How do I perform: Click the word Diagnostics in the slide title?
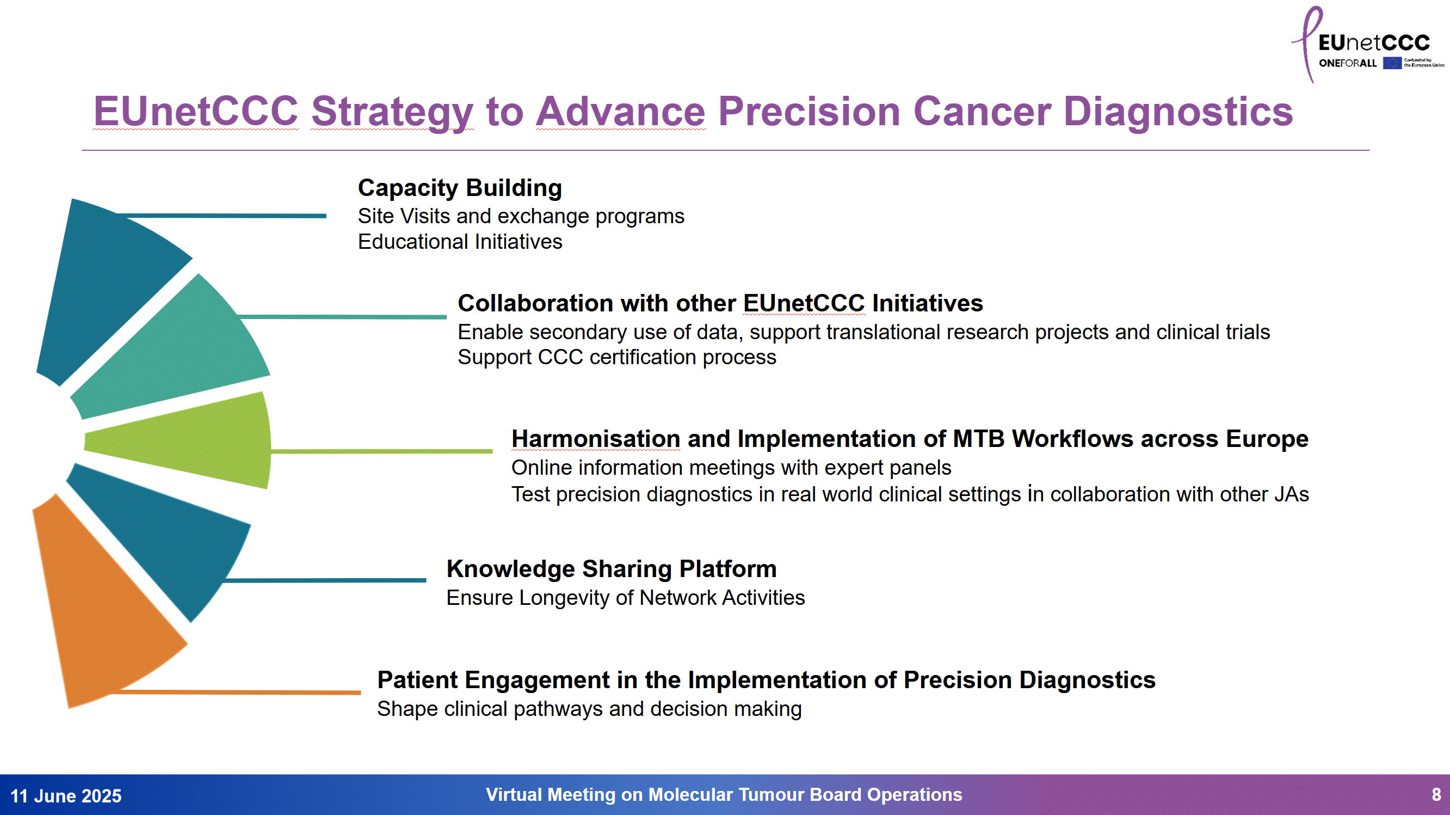[x=1178, y=112]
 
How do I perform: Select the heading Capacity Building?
[x=460, y=188]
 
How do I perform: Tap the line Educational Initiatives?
[x=460, y=242]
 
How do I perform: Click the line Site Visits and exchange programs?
[x=521, y=216]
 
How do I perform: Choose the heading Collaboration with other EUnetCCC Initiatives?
[x=720, y=304]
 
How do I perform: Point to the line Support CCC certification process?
[x=616, y=358]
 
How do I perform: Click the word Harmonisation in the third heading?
[x=596, y=439]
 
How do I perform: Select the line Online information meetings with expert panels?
[x=731, y=468]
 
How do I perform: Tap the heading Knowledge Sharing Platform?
[x=612, y=569]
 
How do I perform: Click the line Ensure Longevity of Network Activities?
[x=625, y=598]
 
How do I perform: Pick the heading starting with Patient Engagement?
[x=766, y=680]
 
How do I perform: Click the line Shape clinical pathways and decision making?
[x=589, y=708]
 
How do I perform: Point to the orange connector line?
[x=254, y=692]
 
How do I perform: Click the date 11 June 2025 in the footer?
[x=66, y=796]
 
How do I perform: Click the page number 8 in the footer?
[x=1436, y=795]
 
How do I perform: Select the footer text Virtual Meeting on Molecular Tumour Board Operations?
[x=724, y=795]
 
